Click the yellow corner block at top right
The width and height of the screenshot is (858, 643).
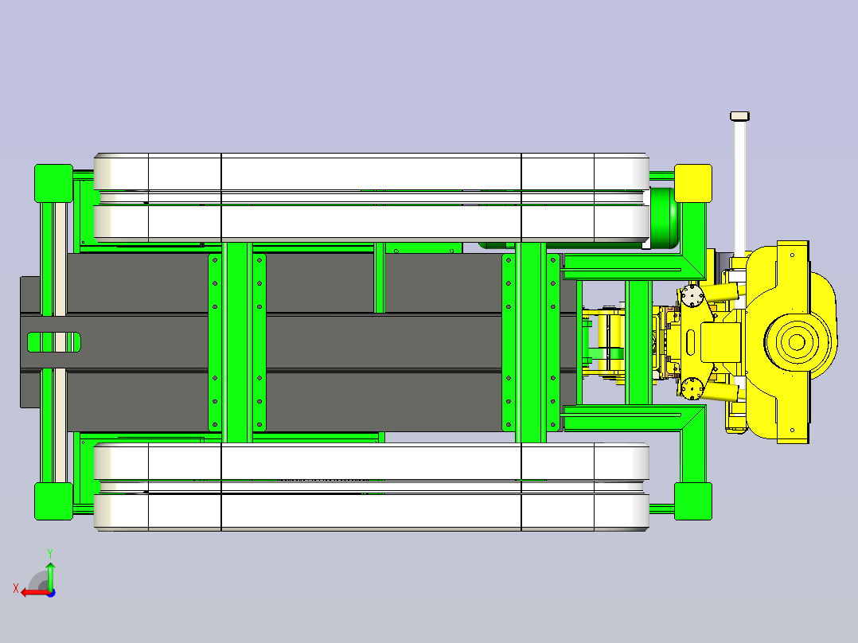(692, 183)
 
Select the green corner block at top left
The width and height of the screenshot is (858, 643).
(53, 183)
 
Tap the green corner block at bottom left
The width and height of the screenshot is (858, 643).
(53, 501)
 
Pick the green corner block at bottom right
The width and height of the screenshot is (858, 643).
(692, 501)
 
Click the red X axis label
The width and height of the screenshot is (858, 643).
(16, 588)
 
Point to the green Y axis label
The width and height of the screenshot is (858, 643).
(50, 553)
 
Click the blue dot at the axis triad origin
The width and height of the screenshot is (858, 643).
(51, 593)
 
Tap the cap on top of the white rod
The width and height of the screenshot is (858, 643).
(739, 116)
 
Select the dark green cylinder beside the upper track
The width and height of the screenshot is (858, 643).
(665, 218)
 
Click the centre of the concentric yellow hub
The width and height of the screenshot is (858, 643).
(797, 342)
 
